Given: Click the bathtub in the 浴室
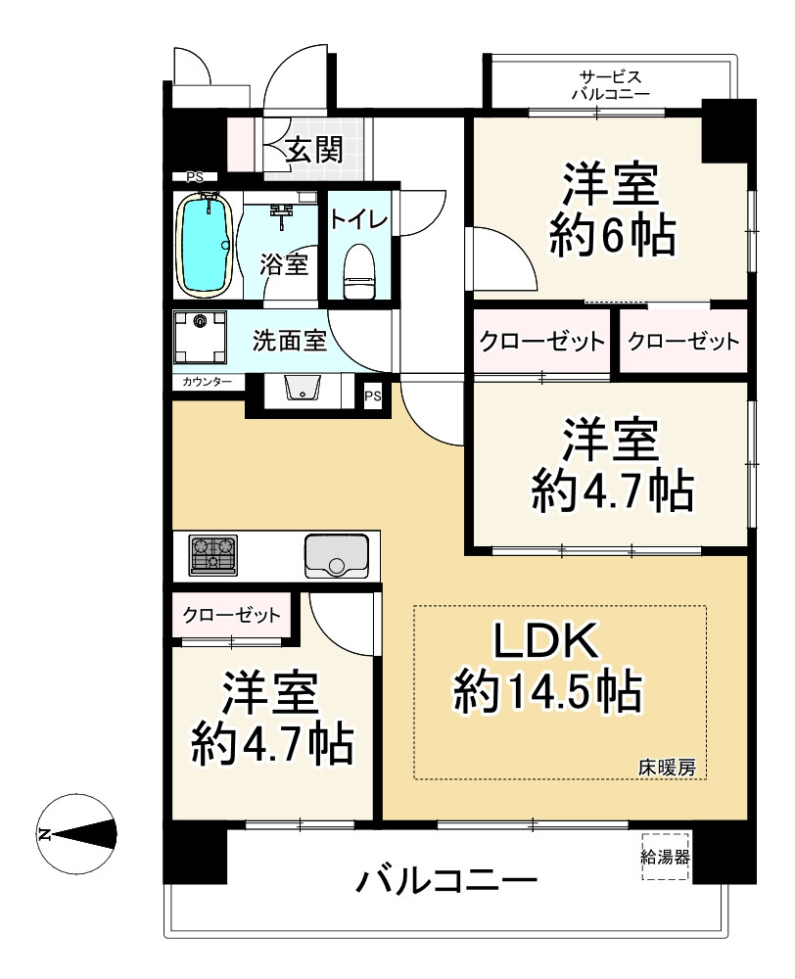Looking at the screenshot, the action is point(205,246).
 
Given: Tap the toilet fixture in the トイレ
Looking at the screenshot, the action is point(359,271).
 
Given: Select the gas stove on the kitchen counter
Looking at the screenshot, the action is point(213,555).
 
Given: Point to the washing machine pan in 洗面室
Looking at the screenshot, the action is point(200,337).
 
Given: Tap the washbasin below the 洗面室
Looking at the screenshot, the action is point(303,388).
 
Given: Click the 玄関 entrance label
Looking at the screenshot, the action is point(314,150).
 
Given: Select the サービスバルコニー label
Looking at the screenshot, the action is point(610,85).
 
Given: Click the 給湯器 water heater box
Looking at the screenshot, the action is point(665,857).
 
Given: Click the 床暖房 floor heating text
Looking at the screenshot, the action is point(667,768).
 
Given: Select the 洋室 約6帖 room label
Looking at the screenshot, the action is point(612,210).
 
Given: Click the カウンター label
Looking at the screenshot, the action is point(207,382).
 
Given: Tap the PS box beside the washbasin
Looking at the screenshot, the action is point(373,396).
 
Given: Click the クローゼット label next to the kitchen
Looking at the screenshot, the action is point(231,616).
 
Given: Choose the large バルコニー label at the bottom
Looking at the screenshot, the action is point(446,882).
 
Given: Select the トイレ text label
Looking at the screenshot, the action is point(359,219).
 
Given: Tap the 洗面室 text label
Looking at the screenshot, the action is point(289,341).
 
